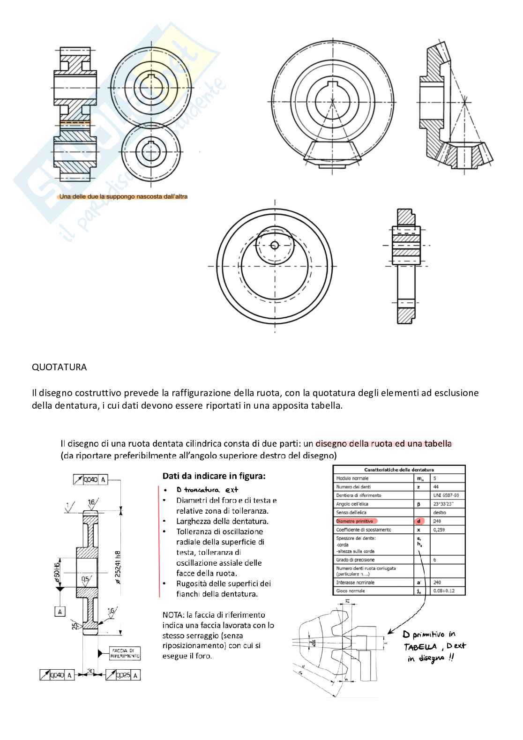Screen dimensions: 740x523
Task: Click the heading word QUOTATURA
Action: click(59, 367)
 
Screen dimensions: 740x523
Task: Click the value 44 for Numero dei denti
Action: click(436, 487)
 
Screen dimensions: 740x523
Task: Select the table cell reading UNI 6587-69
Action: click(446, 495)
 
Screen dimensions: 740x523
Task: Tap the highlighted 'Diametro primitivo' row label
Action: click(355, 521)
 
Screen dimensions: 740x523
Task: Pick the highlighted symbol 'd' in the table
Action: click(418, 521)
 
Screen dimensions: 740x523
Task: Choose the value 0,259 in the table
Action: click(439, 530)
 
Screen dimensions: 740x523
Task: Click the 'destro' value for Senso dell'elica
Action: click(440, 513)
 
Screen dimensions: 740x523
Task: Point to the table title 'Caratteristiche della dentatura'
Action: click(399, 470)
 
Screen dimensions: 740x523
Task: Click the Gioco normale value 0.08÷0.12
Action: click(444, 591)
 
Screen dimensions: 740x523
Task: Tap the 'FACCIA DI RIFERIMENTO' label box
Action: click(125, 653)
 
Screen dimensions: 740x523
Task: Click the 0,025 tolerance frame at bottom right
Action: click(123, 675)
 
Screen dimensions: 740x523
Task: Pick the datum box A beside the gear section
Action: click(60, 612)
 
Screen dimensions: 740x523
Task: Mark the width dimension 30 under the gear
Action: click(91, 672)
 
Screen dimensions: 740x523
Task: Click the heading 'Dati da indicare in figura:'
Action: click(214, 476)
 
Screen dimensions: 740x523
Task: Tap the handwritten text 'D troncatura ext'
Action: click(207, 490)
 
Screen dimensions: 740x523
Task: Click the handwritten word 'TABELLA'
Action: click(420, 647)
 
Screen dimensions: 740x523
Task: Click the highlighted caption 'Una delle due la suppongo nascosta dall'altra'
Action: click(123, 197)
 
